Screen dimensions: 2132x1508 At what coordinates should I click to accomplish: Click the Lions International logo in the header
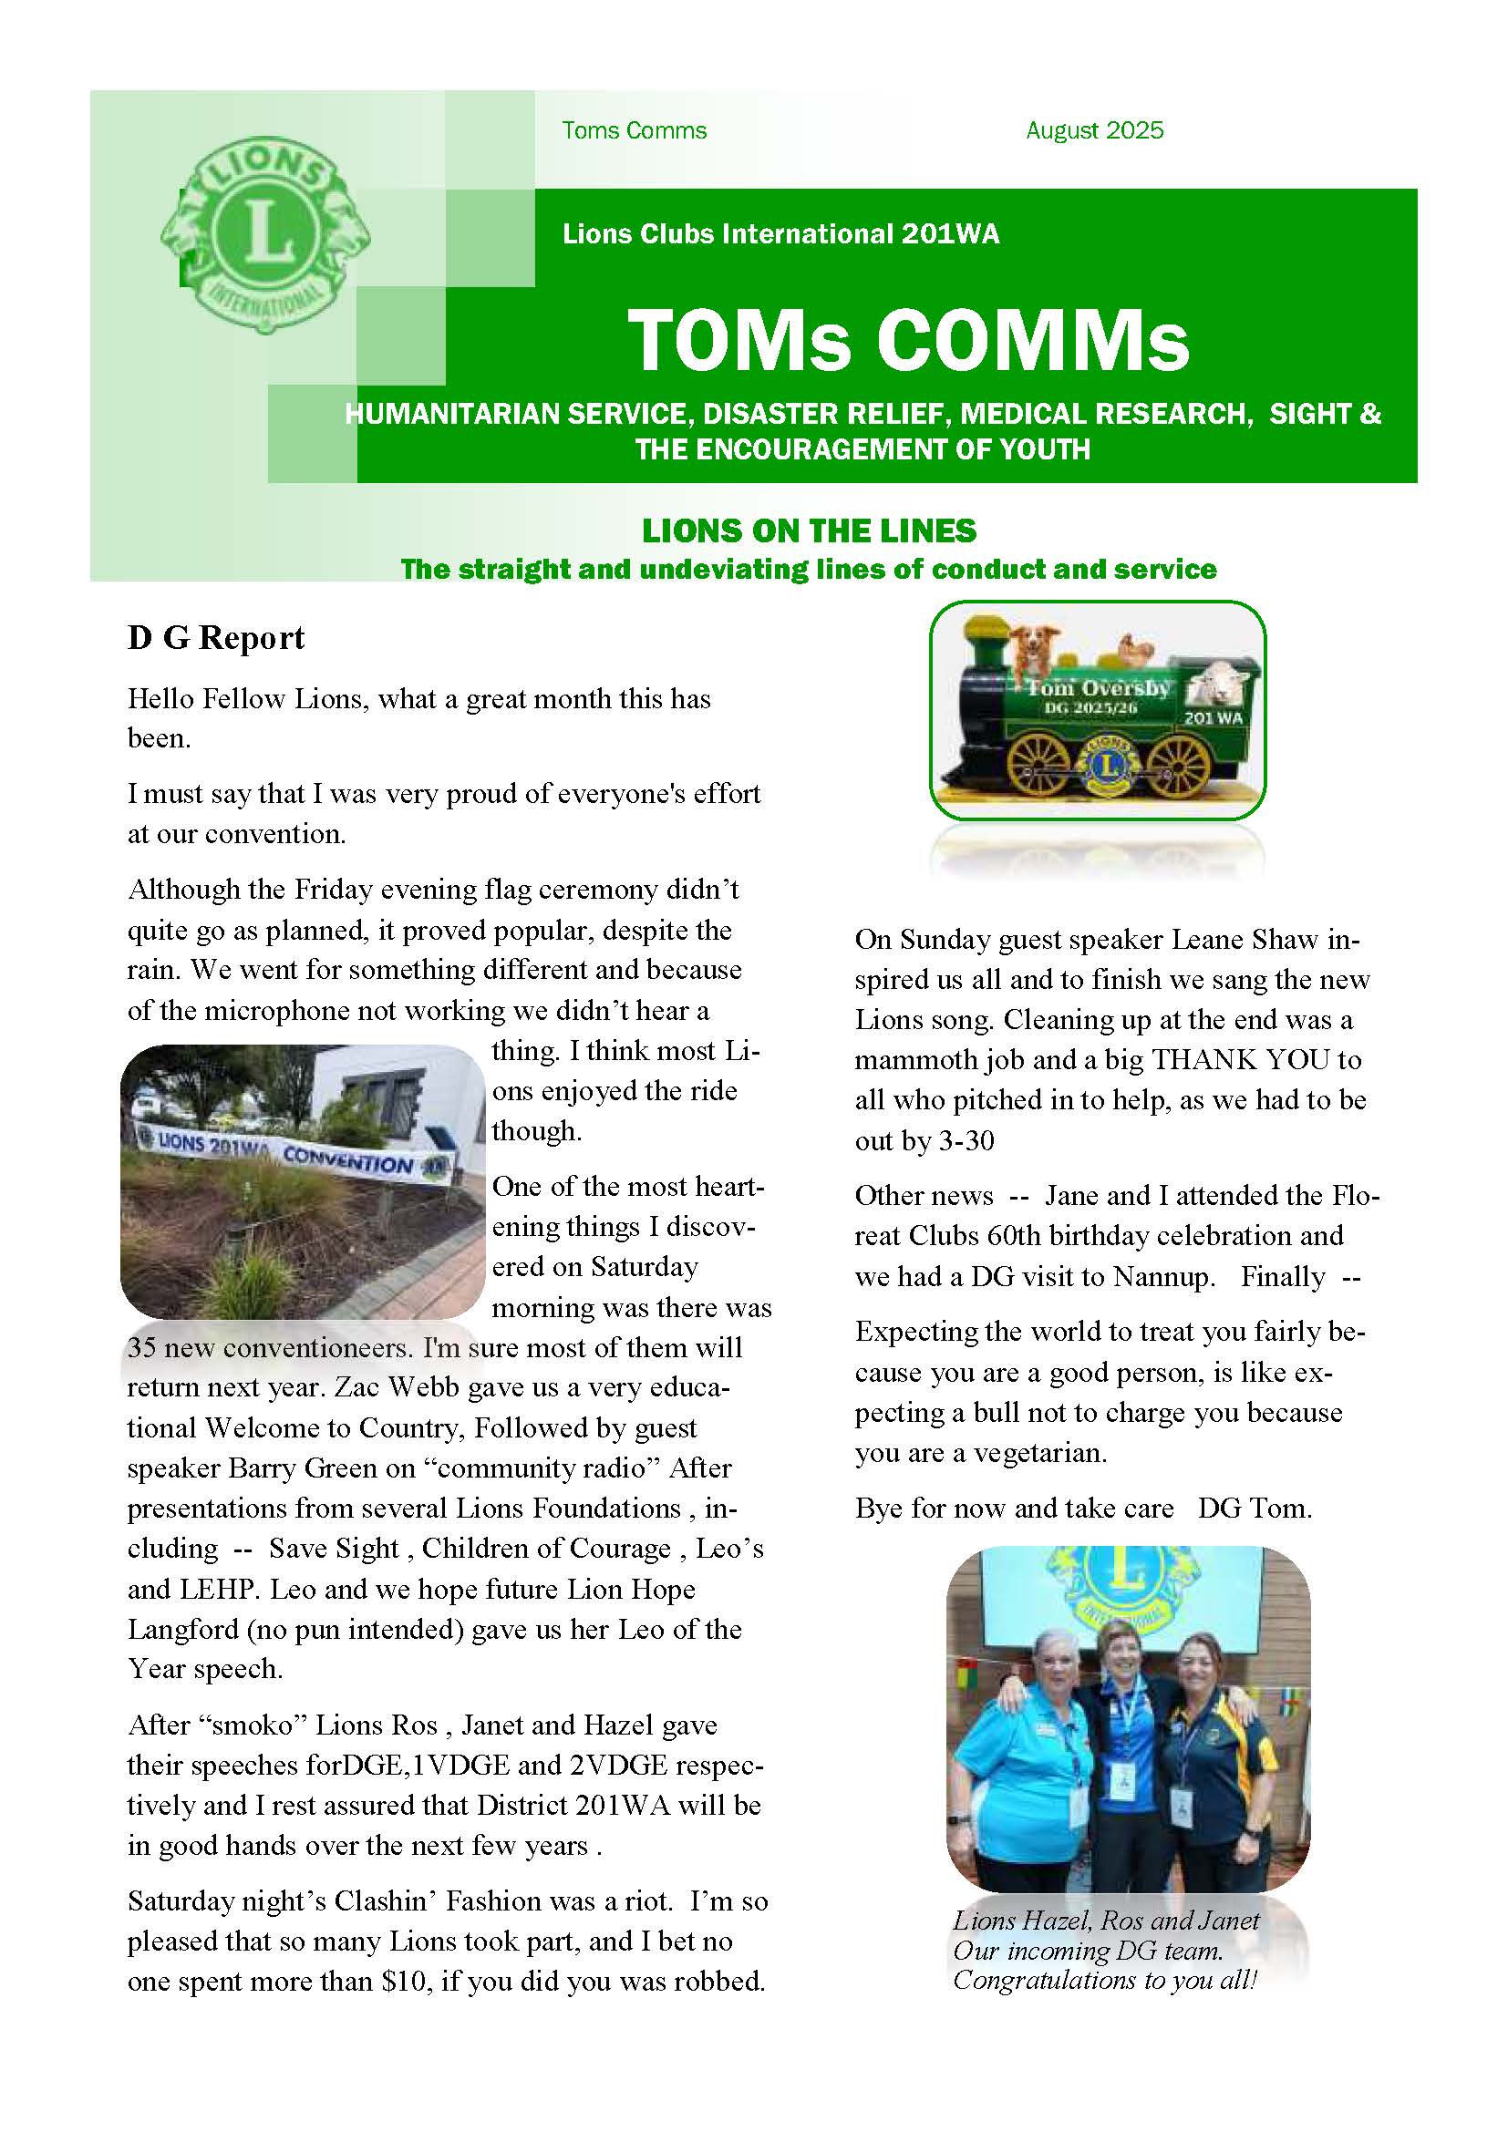point(265,235)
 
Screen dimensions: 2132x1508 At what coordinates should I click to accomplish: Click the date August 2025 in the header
point(1094,131)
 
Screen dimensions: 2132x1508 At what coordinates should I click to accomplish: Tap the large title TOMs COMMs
point(907,340)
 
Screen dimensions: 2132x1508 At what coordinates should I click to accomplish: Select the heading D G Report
point(215,638)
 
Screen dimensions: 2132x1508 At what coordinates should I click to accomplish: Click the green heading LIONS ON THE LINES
point(809,531)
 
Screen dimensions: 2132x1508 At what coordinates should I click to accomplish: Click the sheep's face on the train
point(1219,687)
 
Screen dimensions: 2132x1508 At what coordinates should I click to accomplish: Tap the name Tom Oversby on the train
point(1097,688)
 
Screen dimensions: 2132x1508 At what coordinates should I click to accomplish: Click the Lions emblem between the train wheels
point(1104,767)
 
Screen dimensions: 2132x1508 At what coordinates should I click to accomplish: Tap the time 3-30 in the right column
point(966,1140)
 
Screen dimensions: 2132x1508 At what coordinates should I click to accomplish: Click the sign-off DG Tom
point(1254,1508)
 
